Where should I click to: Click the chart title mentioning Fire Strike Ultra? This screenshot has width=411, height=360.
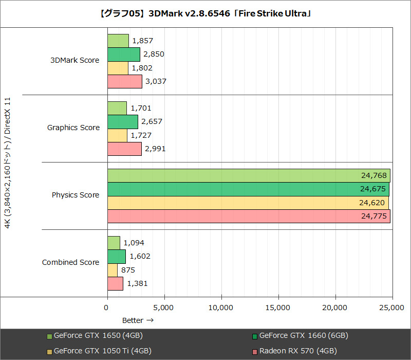pos(206,13)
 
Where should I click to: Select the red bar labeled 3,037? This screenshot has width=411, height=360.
pos(124,81)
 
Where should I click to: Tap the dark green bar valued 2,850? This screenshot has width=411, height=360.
pos(123,54)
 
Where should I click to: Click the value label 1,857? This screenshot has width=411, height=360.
pos(142,41)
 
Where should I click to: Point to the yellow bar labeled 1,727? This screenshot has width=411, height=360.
pos(117,135)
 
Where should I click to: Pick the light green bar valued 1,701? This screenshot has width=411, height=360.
pos(117,108)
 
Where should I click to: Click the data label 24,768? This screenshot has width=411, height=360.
pos(373,175)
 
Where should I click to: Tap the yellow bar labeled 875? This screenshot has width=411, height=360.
pos(112,270)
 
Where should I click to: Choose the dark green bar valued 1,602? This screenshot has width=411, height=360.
pos(116,256)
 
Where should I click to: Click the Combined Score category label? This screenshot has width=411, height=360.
pos(70,262)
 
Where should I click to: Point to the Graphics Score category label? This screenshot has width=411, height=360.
pos(73,128)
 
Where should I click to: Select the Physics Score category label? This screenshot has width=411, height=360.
pos(76,195)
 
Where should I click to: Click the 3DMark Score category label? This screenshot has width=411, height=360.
pos(74,60)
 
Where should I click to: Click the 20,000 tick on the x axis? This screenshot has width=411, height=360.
pos(335,308)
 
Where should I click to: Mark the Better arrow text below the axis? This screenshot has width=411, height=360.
pos(138,320)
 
